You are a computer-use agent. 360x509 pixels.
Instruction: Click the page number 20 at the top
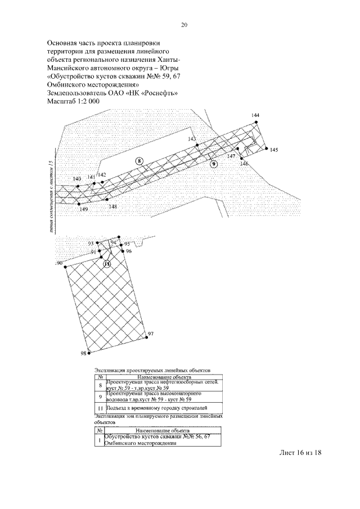(184, 25)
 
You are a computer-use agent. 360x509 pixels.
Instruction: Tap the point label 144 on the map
(255, 115)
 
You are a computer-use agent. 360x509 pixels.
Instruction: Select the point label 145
(274, 150)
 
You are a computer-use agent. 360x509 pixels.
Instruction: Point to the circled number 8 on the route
(139, 161)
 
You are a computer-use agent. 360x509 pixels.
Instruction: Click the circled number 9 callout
(214, 164)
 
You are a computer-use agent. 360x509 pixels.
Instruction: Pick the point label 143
(192, 139)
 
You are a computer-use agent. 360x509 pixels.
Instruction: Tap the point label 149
(84, 209)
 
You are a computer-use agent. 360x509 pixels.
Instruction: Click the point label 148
(113, 206)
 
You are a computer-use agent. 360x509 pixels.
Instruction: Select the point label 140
(77, 179)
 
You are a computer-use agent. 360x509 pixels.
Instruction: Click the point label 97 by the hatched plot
(150, 335)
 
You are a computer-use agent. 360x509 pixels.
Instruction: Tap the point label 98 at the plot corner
(84, 354)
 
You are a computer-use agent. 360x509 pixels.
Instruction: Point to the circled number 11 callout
(107, 263)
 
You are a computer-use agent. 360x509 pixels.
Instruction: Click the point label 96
(129, 251)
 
